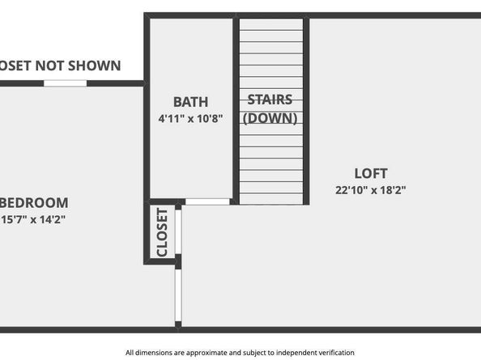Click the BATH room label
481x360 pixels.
(x=190, y=102)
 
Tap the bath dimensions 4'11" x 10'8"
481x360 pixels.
(x=190, y=118)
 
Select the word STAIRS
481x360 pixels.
(x=270, y=101)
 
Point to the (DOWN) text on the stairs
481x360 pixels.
(x=270, y=118)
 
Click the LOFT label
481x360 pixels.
(x=371, y=173)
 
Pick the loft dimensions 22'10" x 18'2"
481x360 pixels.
(x=371, y=190)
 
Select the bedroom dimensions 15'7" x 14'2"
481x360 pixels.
(x=34, y=218)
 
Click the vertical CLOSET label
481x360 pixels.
(x=161, y=233)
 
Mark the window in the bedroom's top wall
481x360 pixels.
(x=65, y=83)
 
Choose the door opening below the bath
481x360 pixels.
(x=207, y=201)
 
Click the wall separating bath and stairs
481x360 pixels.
(x=236, y=109)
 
